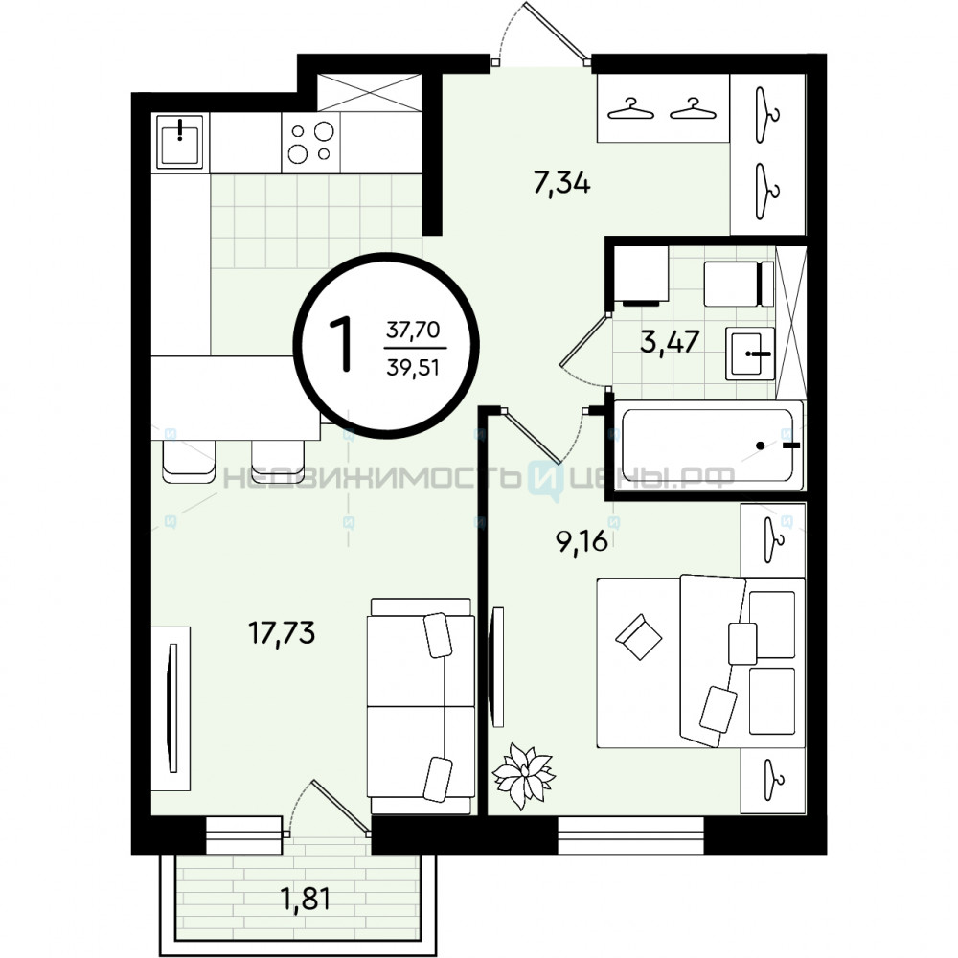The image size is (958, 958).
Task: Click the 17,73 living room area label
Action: [282, 633]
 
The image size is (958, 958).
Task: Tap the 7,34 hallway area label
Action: [562, 183]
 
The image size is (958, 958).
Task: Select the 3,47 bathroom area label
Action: [670, 341]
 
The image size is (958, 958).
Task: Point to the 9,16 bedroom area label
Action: [582, 540]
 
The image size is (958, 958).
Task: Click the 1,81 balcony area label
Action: [305, 899]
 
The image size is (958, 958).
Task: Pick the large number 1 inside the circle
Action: [342, 344]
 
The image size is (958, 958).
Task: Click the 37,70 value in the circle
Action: [413, 330]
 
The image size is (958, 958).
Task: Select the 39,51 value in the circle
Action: [413, 368]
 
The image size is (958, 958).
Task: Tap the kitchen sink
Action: [180, 141]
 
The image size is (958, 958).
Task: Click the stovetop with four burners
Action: [310, 142]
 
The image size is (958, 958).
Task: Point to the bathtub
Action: [709, 445]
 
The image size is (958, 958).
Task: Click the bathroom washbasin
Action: [750, 354]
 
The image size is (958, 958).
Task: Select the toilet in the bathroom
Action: [739, 285]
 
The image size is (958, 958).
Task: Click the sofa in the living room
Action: [421, 706]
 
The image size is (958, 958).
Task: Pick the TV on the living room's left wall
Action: [171, 708]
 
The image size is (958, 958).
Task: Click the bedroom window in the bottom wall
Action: [630, 835]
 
